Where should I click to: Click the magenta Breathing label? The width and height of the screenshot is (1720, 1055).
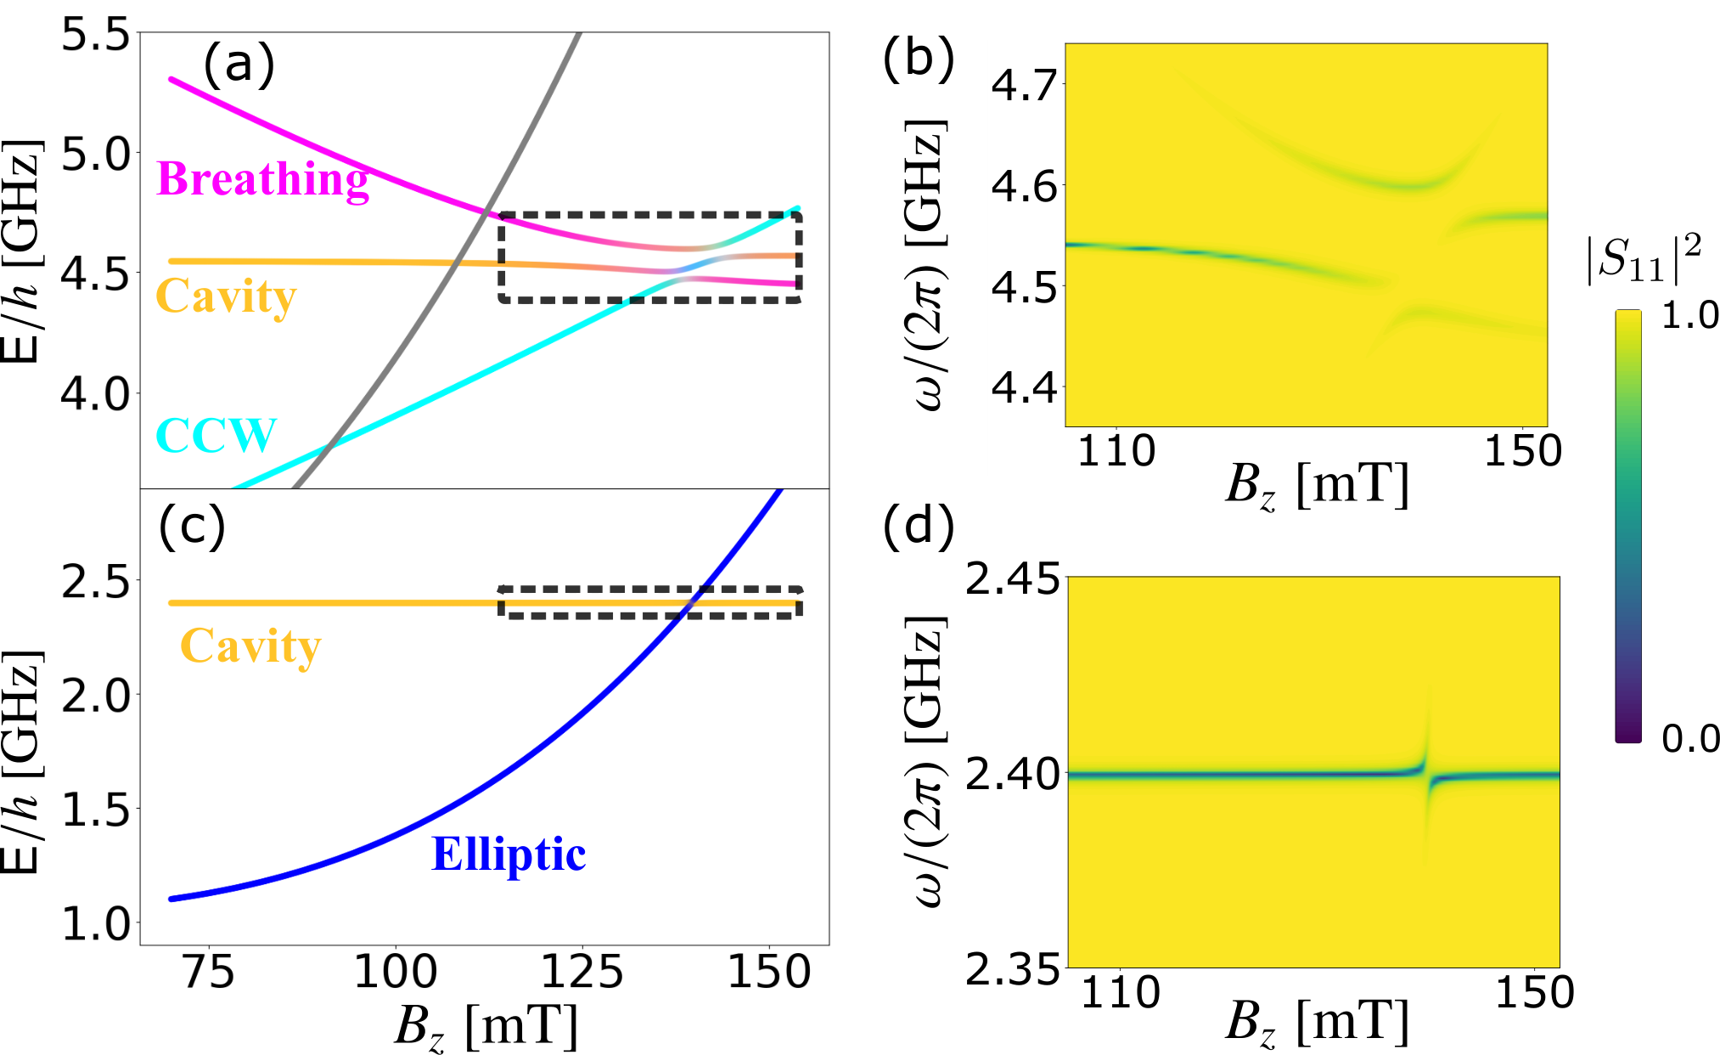(x=263, y=180)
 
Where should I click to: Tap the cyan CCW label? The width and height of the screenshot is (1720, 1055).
(x=216, y=435)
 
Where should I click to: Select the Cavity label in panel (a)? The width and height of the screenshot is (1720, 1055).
(x=227, y=297)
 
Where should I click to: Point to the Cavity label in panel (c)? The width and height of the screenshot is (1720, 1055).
(x=251, y=647)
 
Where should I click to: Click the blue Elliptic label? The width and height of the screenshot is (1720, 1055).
(x=509, y=854)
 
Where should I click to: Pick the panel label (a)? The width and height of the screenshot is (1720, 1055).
(x=239, y=65)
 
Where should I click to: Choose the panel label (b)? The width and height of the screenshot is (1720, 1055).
(x=919, y=60)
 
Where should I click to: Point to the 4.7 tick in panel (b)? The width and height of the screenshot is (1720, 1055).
(x=1025, y=86)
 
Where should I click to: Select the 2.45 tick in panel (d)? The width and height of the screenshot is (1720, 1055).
(x=1013, y=579)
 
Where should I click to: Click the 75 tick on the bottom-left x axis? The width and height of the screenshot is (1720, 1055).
(x=208, y=972)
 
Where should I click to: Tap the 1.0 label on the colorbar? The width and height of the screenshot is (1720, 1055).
(x=1689, y=315)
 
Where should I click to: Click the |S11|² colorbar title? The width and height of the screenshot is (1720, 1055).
(x=1644, y=260)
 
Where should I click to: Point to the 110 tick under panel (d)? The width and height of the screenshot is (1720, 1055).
(x=1120, y=992)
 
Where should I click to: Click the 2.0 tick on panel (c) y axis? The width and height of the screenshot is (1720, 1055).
(x=95, y=697)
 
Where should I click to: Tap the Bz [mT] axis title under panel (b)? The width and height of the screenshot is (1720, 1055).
(x=1317, y=488)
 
